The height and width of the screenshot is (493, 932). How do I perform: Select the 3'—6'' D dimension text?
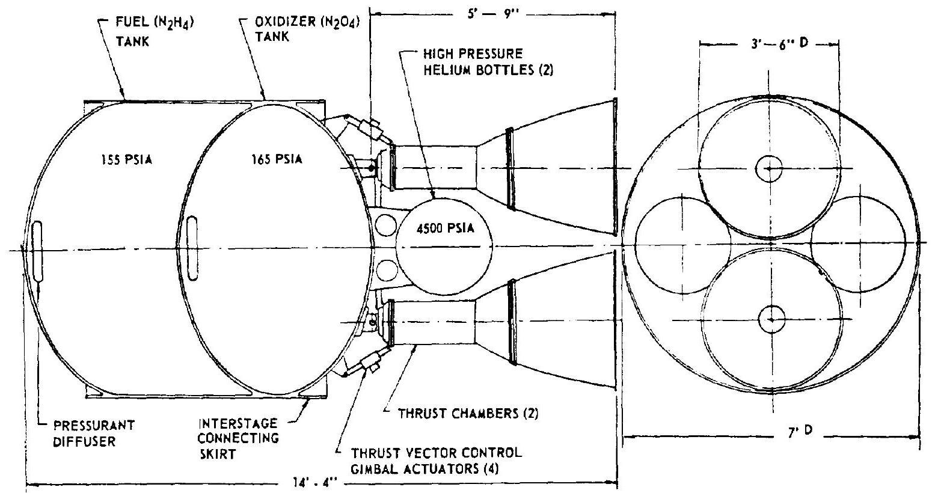click(x=770, y=44)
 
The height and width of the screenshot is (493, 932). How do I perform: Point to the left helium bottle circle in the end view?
click(x=684, y=243)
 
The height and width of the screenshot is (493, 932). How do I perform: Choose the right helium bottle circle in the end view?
click(x=858, y=243)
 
